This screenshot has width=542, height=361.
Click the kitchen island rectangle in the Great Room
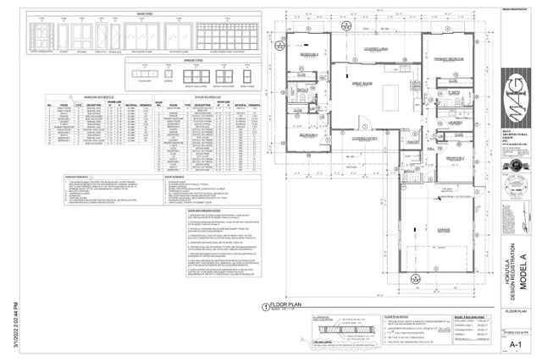394,92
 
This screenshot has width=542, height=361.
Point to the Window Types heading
196,61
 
